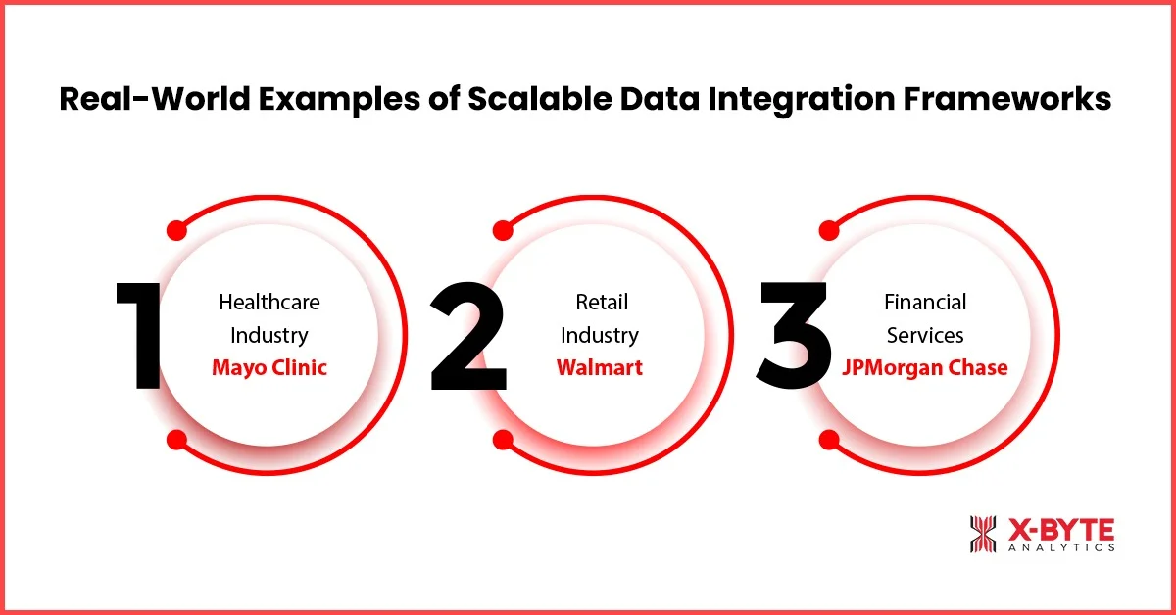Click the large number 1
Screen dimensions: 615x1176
pyautogui.click(x=140, y=335)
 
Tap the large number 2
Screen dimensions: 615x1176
pyautogui.click(x=468, y=335)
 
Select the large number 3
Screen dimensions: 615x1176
pyautogui.click(x=794, y=335)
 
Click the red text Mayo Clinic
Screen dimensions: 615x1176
pyautogui.click(x=269, y=368)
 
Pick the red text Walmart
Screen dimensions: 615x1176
pyautogui.click(x=600, y=368)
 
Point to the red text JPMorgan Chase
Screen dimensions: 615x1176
pyautogui.click(x=925, y=368)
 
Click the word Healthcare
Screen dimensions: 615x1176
pyautogui.click(x=269, y=302)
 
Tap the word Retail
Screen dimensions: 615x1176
pyautogui.click(x=600, y=302)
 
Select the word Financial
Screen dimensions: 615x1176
pyautogui.click(x=925, y=302)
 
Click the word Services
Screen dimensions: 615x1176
pyautogui.click(x=925, y=335)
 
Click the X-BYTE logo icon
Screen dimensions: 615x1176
pyautogui.click(x=983, y=535)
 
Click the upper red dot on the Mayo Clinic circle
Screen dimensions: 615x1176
pyautogui.click(x=177, y=230)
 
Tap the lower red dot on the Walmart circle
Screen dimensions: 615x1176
pyautogui.click(x=503, y=440)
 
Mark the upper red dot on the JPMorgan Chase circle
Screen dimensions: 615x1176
pyautogui.click(x=829, y=230)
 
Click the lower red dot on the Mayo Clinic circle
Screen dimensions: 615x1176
pyautogui.click(x=177, y=440)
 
